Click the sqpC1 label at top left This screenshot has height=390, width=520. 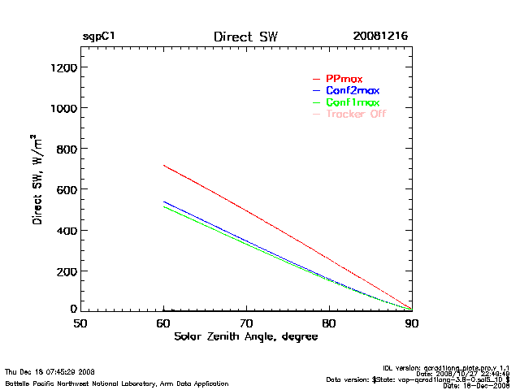pos(98,37)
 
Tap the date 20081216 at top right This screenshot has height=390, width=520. pos(380,37)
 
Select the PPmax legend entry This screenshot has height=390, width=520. pos(344,79)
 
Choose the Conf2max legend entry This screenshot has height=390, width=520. pos(352,90)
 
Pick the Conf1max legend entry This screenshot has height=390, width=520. pos(352,102)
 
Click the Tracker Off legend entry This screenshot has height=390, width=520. pos(356,114)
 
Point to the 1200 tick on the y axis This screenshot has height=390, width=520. pos(62,67)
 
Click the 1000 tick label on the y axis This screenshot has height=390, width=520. pos(62,108)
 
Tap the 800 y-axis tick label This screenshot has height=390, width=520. pos(65,149)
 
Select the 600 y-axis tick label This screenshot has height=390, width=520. pos(65,189)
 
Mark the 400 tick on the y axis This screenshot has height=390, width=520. pos(65,230)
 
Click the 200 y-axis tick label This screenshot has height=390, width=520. pos(65,271)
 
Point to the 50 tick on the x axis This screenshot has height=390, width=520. pos(80,323)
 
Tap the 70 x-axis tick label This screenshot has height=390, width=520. pos(246,323)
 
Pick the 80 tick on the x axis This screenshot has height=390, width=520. pos(329,323)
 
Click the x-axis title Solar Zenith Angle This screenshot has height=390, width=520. pos(245,337)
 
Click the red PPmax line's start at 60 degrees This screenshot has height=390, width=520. pos(164,166)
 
